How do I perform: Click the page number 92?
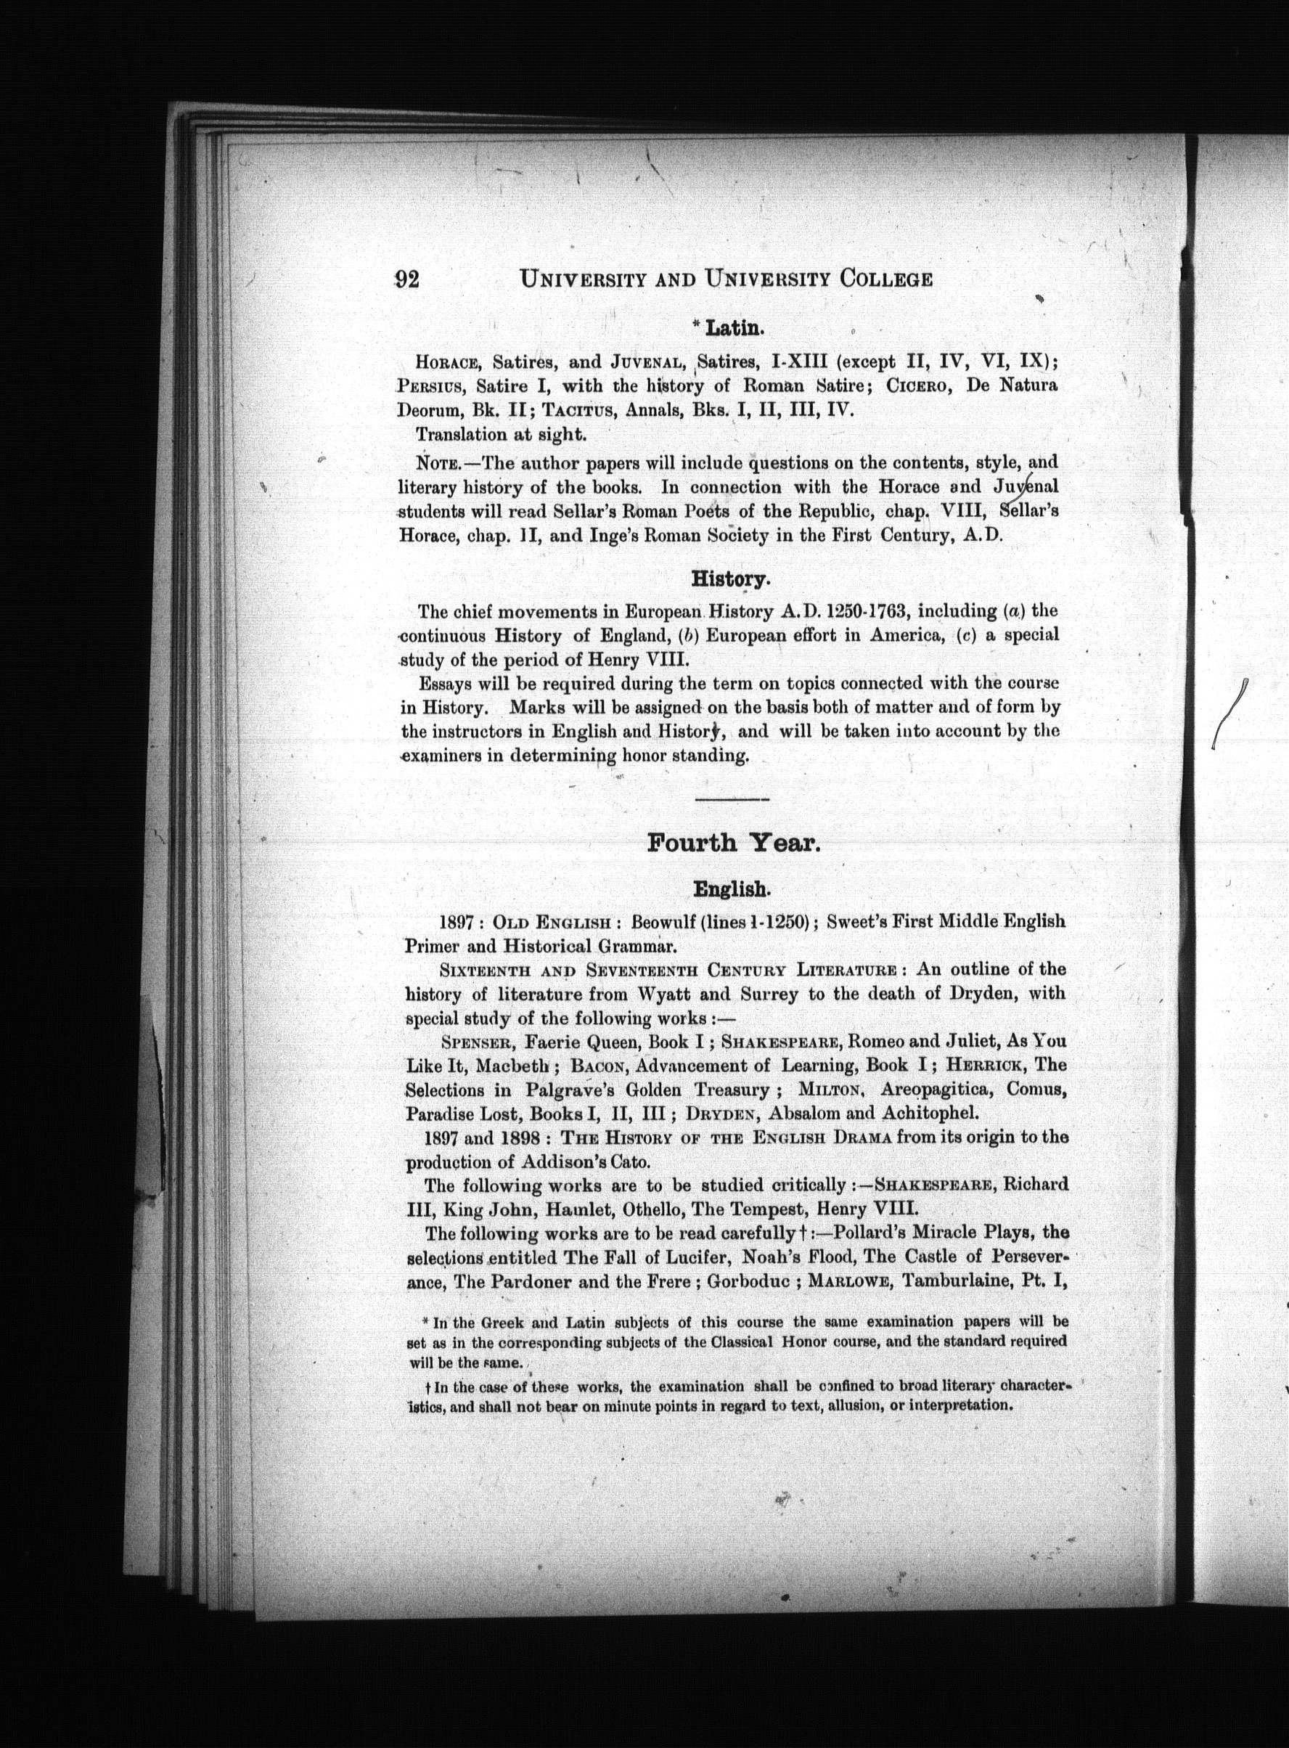pyautogui.click(x=408, y=279)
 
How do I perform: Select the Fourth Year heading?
pyautogui.click(x=732, y=843)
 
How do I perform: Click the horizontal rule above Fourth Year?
pyautogui.click(x=731, y=799)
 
